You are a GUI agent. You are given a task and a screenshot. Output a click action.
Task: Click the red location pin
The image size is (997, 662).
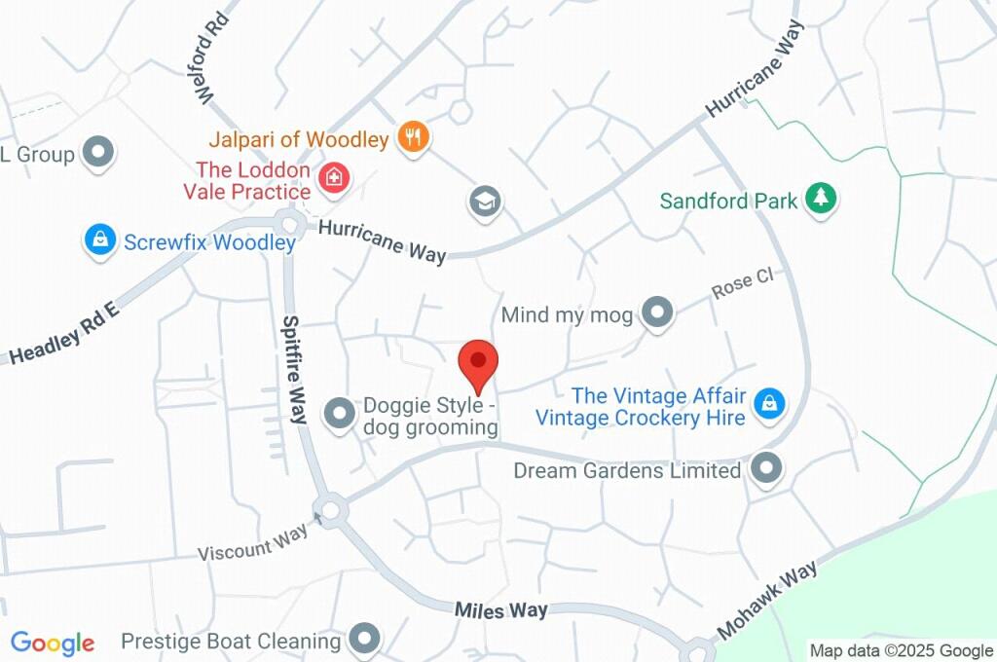pyautogui.click(x=478, y=364)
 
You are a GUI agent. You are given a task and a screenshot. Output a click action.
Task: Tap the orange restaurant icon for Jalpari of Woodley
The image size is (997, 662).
pyautogui.click(x=414, y=137)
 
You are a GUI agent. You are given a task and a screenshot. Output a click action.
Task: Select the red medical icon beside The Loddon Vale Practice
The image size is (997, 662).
pyautogui.click(x=334, y=178)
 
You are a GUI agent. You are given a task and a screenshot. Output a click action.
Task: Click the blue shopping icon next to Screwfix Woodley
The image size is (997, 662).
pyautogui.click(x=99, y=239)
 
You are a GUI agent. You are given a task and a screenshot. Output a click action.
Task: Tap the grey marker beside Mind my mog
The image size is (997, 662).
pyautogui.click(x=659, y=313)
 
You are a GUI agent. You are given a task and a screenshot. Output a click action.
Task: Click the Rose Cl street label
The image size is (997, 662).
pyautogui.click(x=742, y=283)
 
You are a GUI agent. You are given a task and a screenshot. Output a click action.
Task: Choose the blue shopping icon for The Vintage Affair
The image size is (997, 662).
pyautogui.click(x=769, y=402)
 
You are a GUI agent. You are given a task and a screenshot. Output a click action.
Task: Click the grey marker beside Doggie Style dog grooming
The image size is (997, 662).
pyautogui.click(x=339, y=413)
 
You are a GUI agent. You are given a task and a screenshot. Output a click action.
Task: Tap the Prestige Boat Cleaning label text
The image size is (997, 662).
pyautogui.click(x=231, y=642)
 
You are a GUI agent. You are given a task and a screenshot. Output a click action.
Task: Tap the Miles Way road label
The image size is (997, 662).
pyautogui.click(x=501, y=610)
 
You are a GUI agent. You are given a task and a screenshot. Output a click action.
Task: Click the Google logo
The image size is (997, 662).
pyautogui.click(x=52, y=644)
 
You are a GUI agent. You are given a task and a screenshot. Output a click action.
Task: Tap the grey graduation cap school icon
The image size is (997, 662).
pyautogui.click(x=483, y=202)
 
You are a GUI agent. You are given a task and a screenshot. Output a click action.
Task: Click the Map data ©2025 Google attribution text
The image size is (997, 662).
pyautogui.click(x=902, y=650)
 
